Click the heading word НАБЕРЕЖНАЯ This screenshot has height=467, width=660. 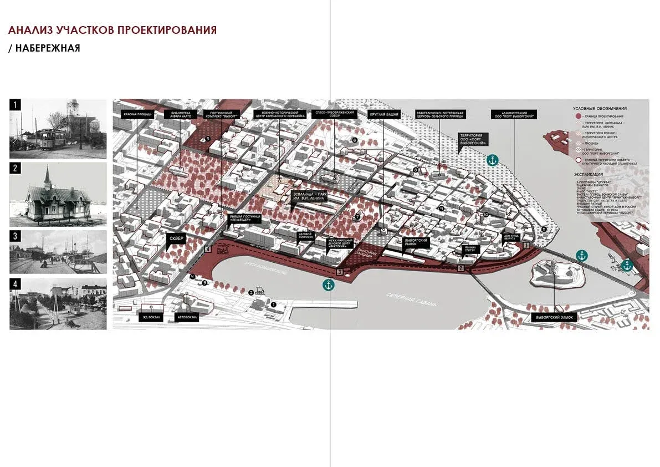pyautogui.click(x=48, y=48)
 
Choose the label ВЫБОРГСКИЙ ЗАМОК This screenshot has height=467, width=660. pyautogui.click(x=554, y=318)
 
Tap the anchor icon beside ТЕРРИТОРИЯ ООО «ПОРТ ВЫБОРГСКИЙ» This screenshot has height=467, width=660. pyautogui.click(x=492, y=160)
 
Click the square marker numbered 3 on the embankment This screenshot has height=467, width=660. pyautogui.click(x=340, y=272)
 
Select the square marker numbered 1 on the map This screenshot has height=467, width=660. pyautogui.click(x=526, y=244)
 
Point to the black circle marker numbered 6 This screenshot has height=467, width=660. pyautogui.click(x=354, y=141)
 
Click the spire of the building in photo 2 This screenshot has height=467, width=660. pyautogui.click(x=48, y=173)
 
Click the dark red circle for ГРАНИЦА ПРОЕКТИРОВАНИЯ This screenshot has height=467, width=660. pyautogui.click(x=579, y=115)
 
